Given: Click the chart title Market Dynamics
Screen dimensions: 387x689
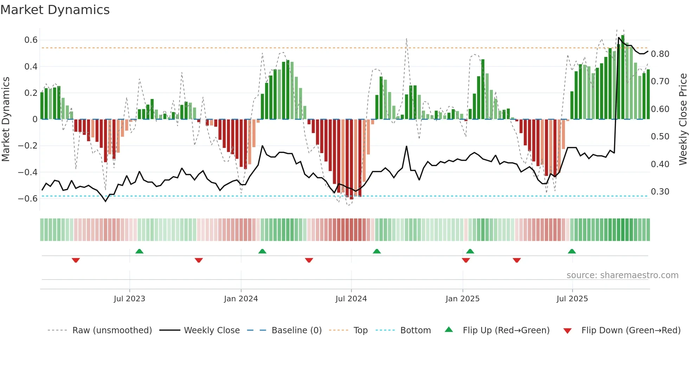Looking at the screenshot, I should (55, 10).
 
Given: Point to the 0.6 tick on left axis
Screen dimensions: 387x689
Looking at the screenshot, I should (31, 40).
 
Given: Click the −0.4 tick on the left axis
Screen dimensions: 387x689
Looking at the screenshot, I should (28, 172).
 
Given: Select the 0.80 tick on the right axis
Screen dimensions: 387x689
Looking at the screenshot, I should (660, 54).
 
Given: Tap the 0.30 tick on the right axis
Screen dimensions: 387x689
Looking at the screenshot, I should (660, 192).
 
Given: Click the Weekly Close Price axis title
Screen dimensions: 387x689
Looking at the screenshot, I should (683, 119).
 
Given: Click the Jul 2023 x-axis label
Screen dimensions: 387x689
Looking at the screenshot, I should (129, 299).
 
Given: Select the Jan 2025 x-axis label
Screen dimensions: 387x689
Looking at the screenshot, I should (462, 299).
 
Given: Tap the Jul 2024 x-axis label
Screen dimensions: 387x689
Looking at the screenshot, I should (351, 299).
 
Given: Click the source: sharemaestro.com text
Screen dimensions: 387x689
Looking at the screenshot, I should (622, 275).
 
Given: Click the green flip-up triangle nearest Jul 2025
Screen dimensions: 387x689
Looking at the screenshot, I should (572, 251).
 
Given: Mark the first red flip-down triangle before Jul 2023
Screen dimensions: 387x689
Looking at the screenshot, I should (76, 260).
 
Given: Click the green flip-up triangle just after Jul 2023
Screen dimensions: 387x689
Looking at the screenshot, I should (139, 251).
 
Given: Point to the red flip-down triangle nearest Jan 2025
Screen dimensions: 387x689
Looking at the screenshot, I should (466, 260).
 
